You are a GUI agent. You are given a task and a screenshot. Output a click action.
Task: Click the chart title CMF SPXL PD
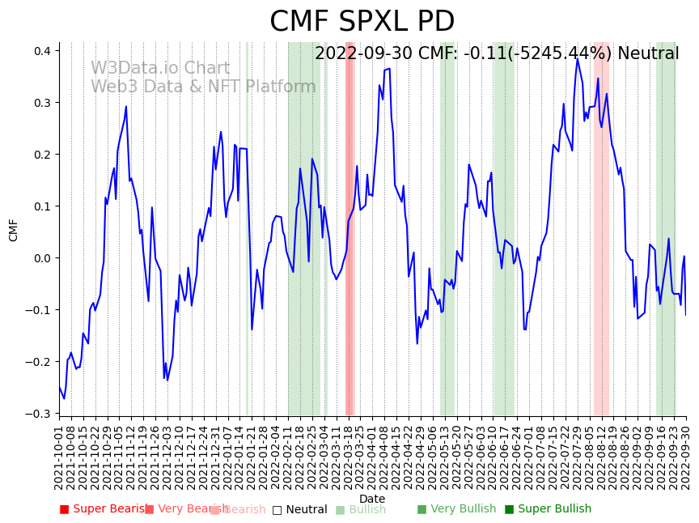coord(362,22)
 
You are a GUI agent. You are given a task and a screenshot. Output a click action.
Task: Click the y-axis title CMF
coord(14,229)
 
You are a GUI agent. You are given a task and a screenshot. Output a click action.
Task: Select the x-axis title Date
coord(372,499)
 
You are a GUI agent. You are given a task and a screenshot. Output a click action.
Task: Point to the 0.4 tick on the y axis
coord(41,51)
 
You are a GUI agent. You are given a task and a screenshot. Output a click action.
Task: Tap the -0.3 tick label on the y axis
coord(39,414)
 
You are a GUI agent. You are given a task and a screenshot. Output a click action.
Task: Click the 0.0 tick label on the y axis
coord(41,258)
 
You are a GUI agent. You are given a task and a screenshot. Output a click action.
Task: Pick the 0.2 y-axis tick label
coord(41,155)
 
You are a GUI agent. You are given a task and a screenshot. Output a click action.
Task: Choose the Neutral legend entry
coord(300,509)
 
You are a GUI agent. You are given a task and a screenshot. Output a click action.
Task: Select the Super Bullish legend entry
coord(549,509)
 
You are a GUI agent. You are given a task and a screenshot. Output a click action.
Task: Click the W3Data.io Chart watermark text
coord(160,68)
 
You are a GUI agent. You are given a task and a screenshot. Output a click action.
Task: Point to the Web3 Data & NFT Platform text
coord(203,87)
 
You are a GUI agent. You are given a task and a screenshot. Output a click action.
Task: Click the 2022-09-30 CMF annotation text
coord(497,53)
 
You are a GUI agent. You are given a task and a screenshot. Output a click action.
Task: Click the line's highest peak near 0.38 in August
coord(578,58)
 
